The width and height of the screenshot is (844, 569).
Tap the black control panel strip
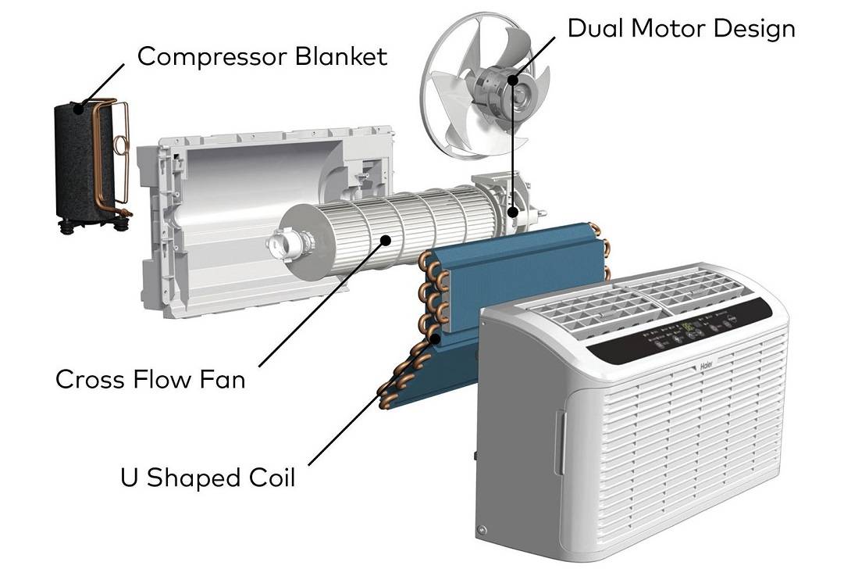point(679,332)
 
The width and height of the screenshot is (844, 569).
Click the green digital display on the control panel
point(688,327)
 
